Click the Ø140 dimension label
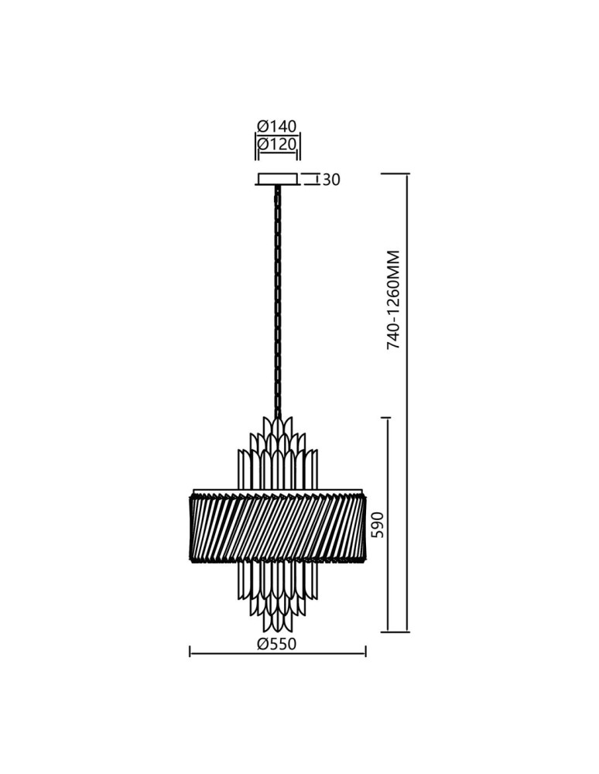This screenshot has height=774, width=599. coord(277,126)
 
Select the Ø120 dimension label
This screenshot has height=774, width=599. coord(277,144)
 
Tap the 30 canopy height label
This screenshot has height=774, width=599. coord(330,180)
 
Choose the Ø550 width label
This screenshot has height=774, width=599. coord(277,644)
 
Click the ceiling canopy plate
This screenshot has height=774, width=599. coord(277,180)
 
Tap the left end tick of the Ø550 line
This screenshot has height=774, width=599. coord(190,654)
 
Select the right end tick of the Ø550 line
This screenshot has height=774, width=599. coord(365,654)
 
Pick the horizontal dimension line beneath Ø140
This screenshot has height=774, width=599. coord(277,135)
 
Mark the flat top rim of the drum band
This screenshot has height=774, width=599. coord(277,489)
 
